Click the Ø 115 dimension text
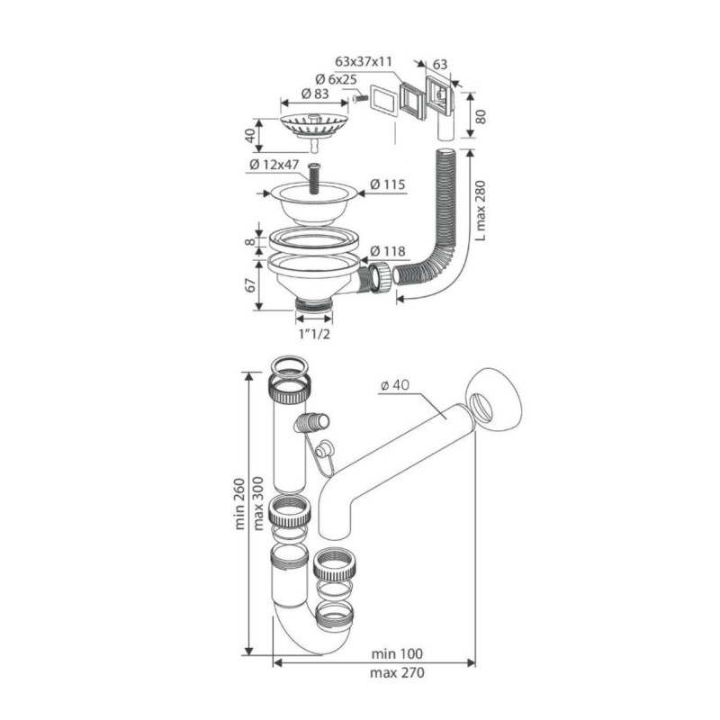click(x=390, y=185)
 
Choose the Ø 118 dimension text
click(x=390, y=251)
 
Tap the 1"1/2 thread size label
click(x=313, y=335)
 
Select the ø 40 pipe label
click(x=396, y=385)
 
